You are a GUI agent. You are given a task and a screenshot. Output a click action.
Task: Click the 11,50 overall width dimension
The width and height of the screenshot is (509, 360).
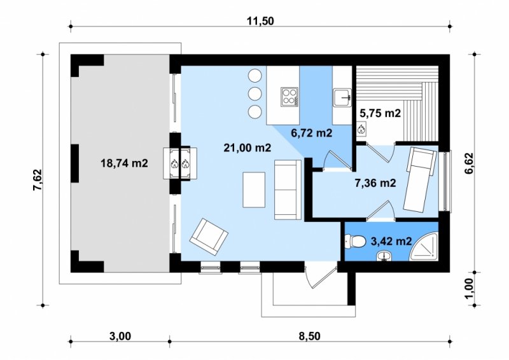click(260, 21)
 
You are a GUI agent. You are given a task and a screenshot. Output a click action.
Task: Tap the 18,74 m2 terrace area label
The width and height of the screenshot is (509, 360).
click(124, 163)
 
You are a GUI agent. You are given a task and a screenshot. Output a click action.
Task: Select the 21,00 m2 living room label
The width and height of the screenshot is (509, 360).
click(248, 148)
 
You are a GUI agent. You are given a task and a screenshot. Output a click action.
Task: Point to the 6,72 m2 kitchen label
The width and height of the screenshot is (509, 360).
click(312, 133)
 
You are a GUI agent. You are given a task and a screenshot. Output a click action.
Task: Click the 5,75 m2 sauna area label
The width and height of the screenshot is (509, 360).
click(380, 113)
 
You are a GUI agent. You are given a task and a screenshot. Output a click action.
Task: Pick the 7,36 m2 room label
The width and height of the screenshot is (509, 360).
click(375, 183)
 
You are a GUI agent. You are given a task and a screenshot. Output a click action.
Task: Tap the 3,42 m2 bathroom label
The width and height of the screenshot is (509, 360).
click(391, 241)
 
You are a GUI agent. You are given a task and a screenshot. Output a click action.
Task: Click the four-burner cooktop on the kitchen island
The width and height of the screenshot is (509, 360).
click(289, 97)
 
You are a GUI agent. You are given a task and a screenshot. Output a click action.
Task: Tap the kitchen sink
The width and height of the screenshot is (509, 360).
click(342, 97)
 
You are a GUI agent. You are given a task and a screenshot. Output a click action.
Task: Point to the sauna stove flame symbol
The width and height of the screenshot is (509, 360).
click(361, 130)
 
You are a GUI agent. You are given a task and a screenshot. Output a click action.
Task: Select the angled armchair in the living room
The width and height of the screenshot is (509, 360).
click(209, 237)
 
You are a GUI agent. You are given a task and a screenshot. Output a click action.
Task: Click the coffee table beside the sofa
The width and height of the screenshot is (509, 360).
click(254, 190)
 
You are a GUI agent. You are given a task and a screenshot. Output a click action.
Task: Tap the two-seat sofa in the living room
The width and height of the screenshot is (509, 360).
click(288, 190)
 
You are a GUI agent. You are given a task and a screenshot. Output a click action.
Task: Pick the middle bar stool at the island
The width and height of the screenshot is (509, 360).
click(255, 93)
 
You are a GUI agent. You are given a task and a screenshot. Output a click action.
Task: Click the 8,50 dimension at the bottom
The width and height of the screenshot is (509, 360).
click(309, 336)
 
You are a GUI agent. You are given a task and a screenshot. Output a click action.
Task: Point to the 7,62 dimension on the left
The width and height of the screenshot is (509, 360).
click(38, 180)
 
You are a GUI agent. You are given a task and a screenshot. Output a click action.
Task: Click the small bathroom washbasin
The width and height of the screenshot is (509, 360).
click(385, 256)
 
